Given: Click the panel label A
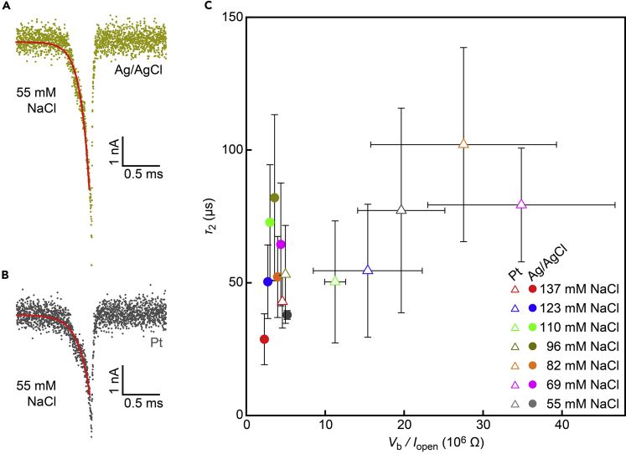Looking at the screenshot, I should pos(6,8).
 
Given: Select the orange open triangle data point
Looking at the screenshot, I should pos(463,144).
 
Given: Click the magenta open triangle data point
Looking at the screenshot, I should pos(521,204).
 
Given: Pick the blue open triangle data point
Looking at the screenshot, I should pos(368,270).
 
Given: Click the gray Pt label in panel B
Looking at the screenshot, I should pos(155,343).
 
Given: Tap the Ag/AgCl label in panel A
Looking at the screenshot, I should pos(137,71).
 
